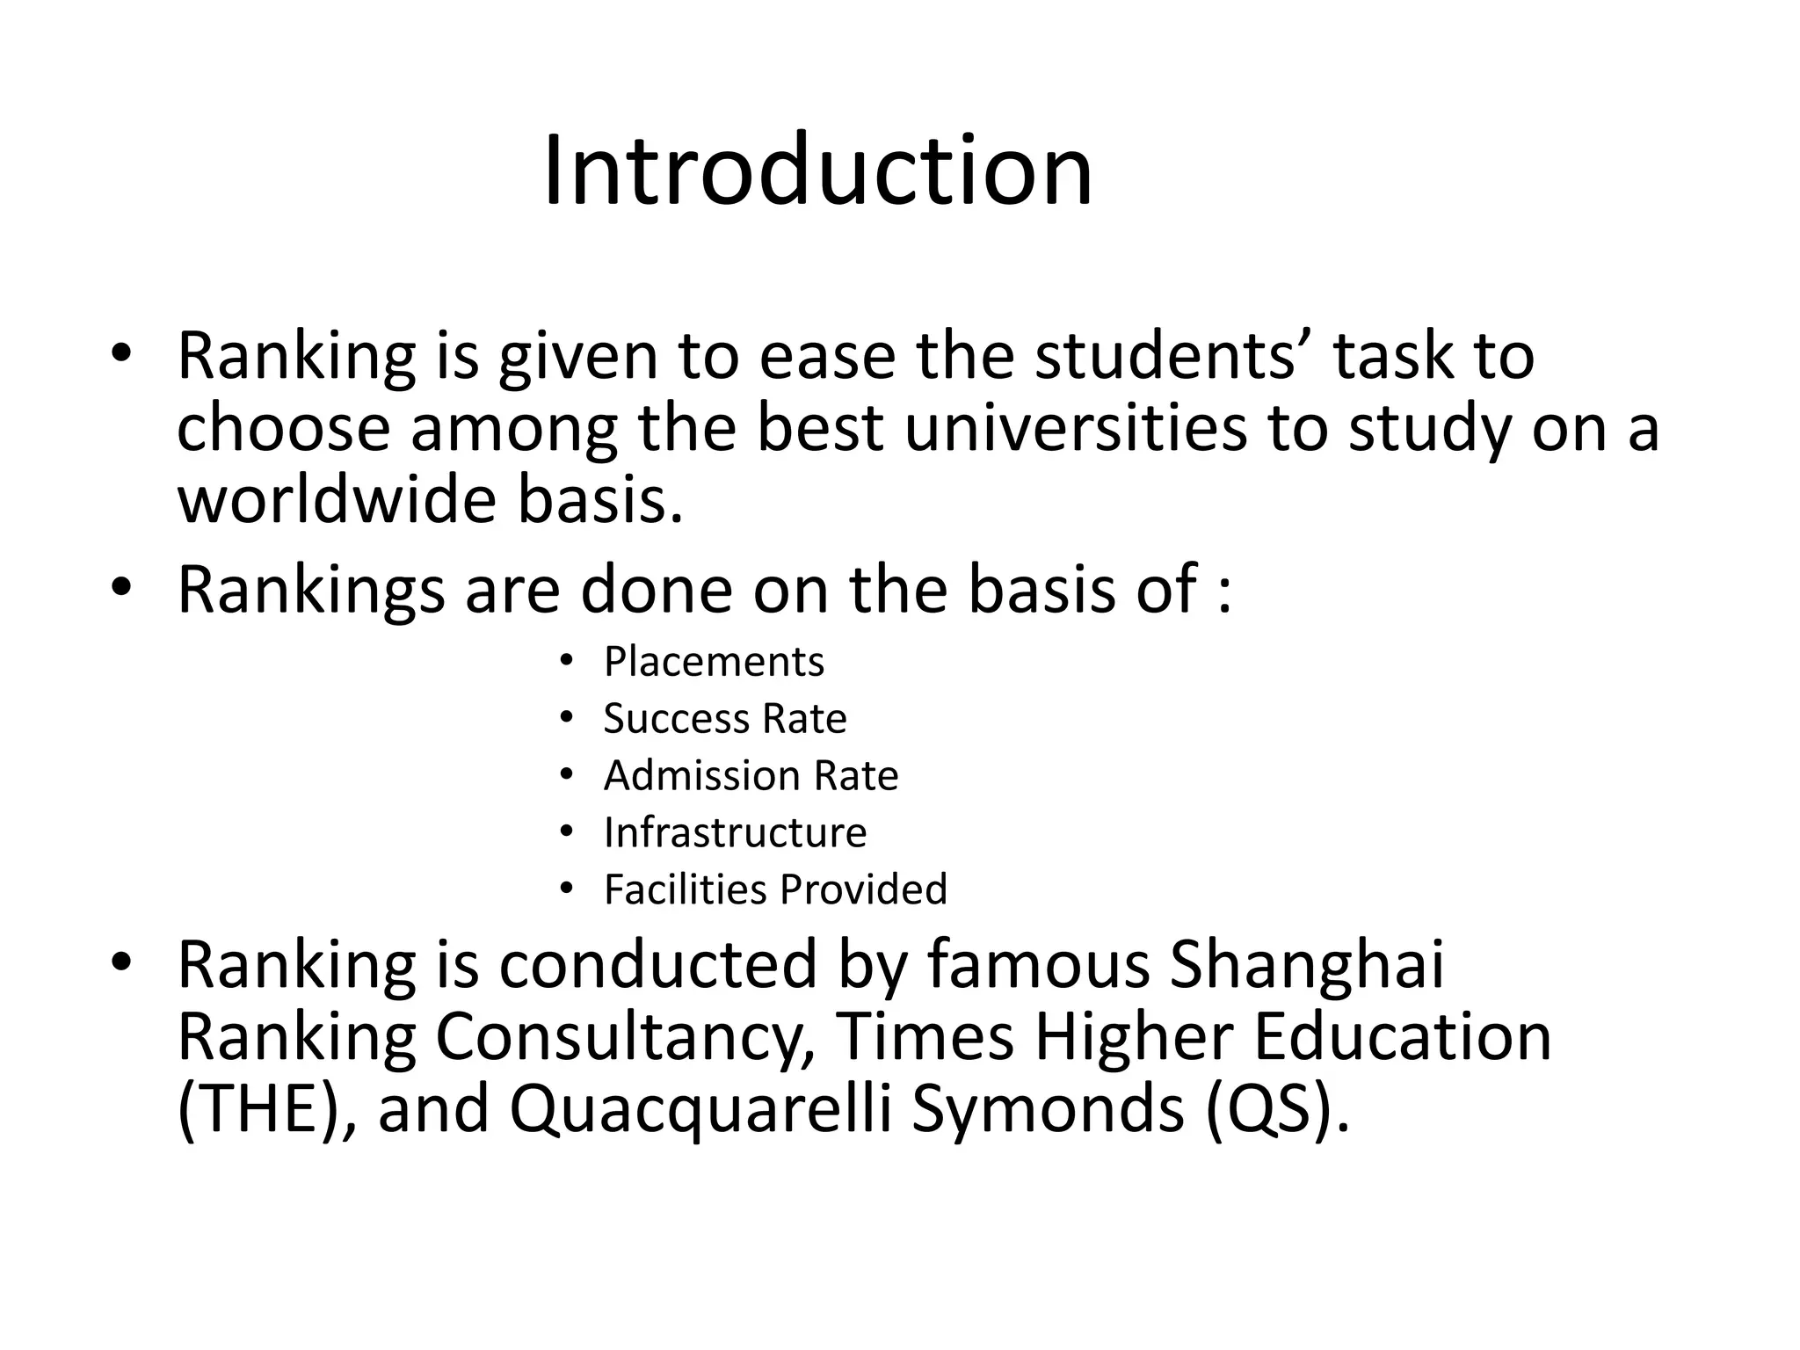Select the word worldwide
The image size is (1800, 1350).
coord(337,499)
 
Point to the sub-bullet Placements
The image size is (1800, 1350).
coord(714,662)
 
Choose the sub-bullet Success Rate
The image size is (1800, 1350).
coord(724,719)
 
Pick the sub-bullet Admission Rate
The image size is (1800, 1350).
coord(751,776)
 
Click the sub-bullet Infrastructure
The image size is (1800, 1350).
coord(735,832)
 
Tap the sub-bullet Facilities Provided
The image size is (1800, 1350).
coord(775,889)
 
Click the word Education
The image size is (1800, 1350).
coord(1402,1038)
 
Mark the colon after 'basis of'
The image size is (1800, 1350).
coord(1224,592)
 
